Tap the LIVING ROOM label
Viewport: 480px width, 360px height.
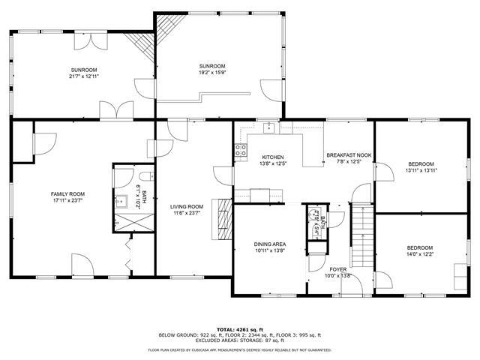[x=187, y=206]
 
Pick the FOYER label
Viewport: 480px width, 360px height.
[x=338, y=268]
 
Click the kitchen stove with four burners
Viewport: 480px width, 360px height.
[x=241, y=150]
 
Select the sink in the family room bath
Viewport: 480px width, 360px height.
[x=121, y=201]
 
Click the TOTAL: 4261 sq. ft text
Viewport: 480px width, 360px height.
[x=239, y=329]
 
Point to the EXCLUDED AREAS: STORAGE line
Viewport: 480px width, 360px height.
[x=239, y=341]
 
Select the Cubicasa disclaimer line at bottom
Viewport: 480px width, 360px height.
[x=239, y=349]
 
